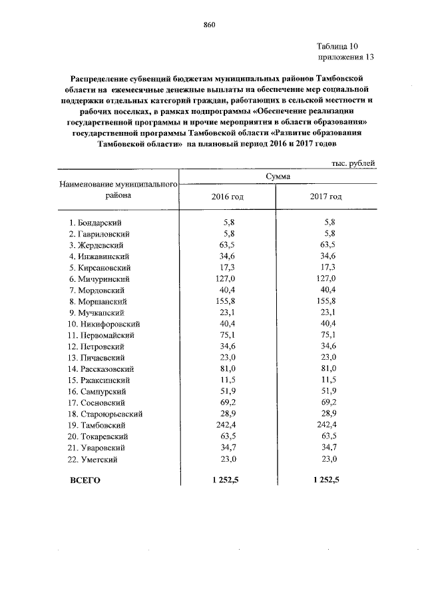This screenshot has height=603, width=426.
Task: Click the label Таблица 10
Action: [337, 46]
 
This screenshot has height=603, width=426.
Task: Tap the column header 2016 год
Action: [228, 197]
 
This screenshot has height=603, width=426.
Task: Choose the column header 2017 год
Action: [326, 197]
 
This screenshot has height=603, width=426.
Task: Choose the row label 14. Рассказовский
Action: [105, 368]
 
